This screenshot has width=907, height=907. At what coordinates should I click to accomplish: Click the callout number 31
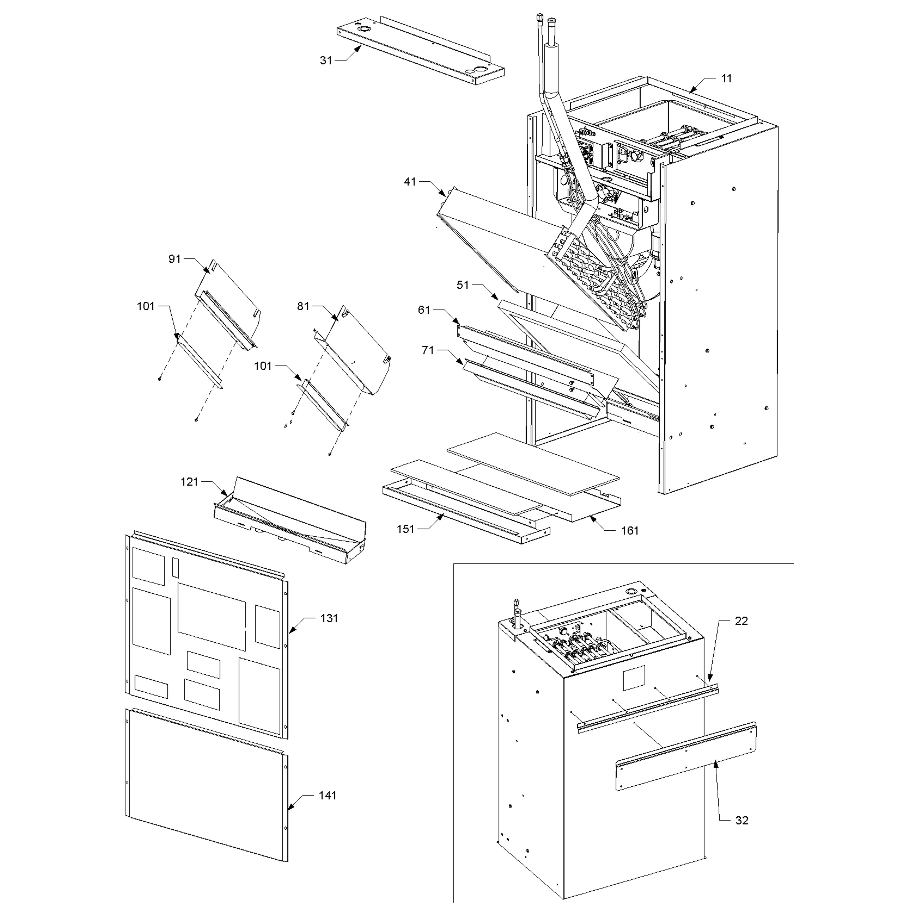326,60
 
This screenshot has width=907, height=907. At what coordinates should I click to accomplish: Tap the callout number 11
726,78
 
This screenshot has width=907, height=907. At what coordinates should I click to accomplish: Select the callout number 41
410,182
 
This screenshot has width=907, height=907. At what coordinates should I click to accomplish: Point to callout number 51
462,285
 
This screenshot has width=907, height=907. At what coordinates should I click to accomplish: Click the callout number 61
424,310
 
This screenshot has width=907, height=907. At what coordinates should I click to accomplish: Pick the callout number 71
428,350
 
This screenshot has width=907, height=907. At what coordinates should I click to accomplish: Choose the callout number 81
303,306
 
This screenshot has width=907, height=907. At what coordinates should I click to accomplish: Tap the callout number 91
175,259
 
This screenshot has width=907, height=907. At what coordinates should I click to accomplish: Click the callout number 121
190,482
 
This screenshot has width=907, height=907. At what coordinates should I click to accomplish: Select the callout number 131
329,618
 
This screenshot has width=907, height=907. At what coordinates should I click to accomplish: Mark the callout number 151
406,529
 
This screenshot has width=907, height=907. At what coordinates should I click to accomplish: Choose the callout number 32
742,820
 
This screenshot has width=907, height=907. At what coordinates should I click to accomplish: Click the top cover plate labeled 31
423,54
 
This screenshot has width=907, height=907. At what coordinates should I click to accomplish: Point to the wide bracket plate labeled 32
685,756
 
